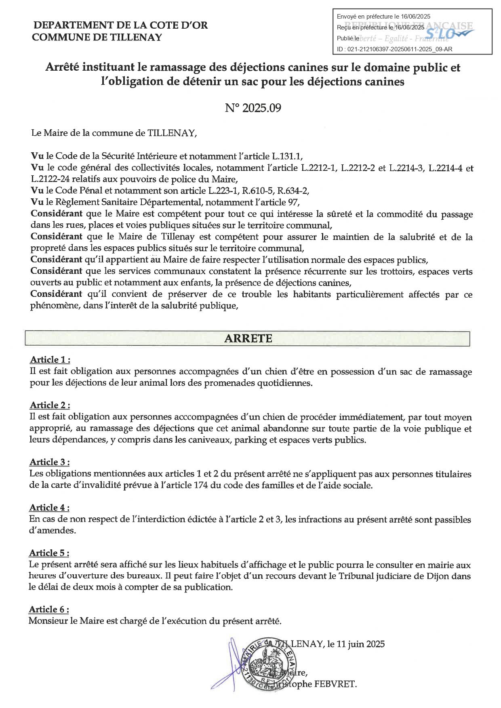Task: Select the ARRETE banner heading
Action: point(248,338)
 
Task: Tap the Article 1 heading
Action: point(50,360)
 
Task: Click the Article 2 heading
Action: point(50,405)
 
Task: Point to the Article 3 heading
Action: point(50,462)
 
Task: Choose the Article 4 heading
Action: point(50,508)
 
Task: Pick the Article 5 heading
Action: point(49,553)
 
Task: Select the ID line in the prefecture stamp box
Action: point(394,49)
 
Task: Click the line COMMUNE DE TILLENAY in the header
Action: point(97,38)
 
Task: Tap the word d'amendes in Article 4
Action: point(53,530)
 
